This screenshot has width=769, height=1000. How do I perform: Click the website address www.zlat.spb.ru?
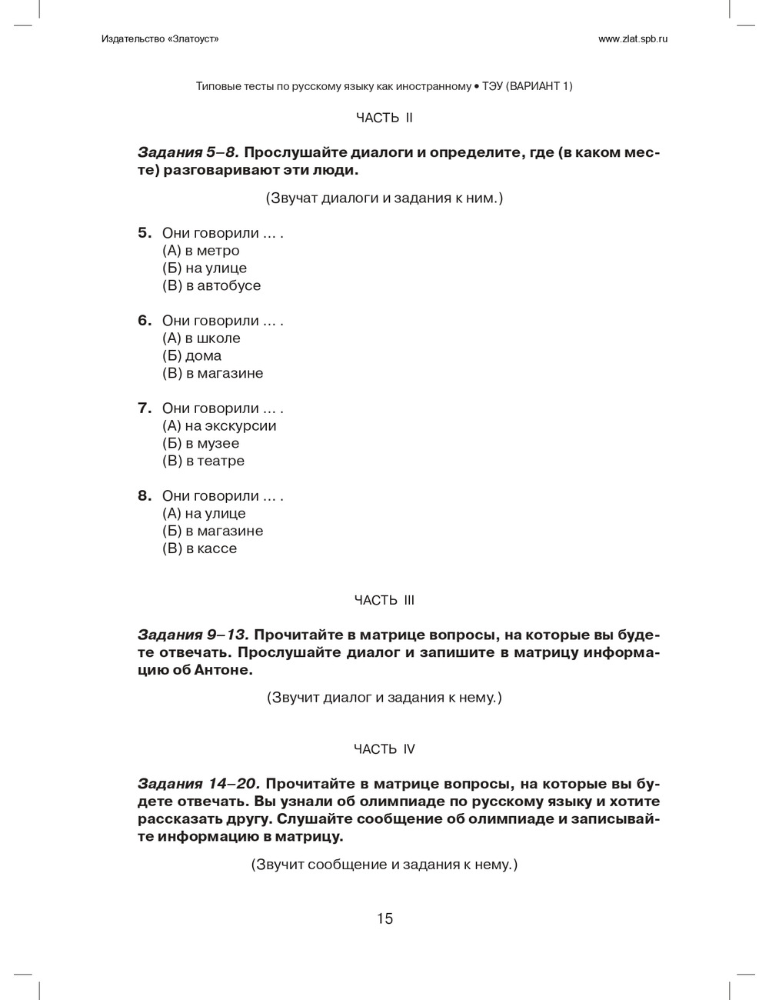pos(632,39)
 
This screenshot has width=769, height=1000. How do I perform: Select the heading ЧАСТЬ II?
pos(384,118)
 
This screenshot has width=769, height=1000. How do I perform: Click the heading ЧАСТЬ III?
pos(384,600)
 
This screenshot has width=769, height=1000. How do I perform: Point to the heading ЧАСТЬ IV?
pos(384,749)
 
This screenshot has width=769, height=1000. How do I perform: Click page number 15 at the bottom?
pos(384,918)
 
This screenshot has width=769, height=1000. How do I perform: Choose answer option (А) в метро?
pos(201,251)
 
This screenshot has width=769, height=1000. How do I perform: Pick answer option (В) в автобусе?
pos(211,286)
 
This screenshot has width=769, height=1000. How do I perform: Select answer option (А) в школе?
pos(201,338)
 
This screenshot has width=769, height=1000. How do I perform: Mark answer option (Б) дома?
pos(191,356)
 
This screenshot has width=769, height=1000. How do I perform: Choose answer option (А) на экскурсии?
pos(219,426)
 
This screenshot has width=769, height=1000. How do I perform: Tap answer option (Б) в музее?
pos(201,444)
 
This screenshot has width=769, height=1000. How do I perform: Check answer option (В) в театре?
pos(203,462)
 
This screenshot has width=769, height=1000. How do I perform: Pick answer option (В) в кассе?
pos(199,549)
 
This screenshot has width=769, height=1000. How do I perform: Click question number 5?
pos(145,233)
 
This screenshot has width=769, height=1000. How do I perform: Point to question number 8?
pos(145,496)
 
